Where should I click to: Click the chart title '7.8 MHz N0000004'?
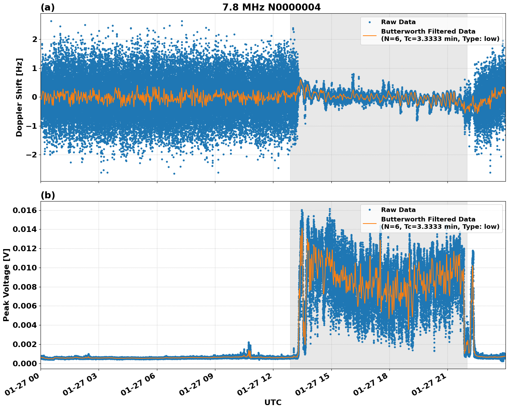(271, 7)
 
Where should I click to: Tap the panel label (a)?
(48, 7)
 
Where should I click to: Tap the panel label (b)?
(48, 195)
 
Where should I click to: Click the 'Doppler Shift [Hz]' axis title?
(19, 97)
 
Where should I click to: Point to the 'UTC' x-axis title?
(273, 402)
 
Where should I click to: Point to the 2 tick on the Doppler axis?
(34, 39)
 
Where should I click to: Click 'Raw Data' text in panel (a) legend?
(398, 22)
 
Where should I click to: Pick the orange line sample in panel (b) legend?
(370, 223)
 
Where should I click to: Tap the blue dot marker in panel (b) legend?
(370, 210)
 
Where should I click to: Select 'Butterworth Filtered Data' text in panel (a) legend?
(428, 31)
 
